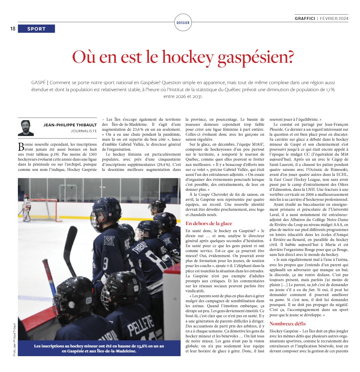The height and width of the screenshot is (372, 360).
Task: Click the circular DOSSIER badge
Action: pos(183,23)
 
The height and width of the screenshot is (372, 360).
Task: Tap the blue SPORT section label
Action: pos(36,29)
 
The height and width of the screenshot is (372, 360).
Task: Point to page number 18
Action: pos(13,29)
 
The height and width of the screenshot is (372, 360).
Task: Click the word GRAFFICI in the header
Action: pos(305,18)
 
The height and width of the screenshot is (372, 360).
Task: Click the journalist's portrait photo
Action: pos(26,128)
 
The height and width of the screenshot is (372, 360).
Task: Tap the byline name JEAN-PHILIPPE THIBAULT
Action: pos(70,125)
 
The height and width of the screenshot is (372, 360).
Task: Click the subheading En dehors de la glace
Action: pos(209,223)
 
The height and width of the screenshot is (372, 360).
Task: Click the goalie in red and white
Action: pos(26,207)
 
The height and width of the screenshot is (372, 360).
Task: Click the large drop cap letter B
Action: pos(21,146)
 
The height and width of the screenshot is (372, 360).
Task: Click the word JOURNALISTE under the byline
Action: pos(84,131)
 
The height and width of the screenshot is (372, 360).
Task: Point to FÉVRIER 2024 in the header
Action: pos(334,18)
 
